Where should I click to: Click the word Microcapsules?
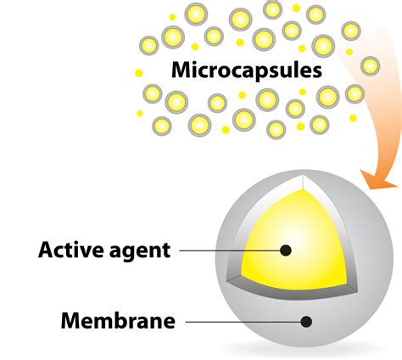(x=247, y=70)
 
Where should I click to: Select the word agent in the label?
(x=139, y=252)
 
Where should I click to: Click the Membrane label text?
(x=118, y=320)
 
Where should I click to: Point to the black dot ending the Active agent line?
(x=286, y=250)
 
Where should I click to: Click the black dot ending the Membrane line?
(x=306, y=322)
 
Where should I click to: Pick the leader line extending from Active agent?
(x=230, y=250)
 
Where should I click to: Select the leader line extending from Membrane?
(x=243, y=322)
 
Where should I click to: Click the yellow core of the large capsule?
(x=294, y=240)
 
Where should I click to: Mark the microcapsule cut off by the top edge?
(x=272, y=9)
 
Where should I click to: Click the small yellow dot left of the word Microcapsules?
(x=139, y=73)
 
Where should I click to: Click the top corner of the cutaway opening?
(x=303, y=176)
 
